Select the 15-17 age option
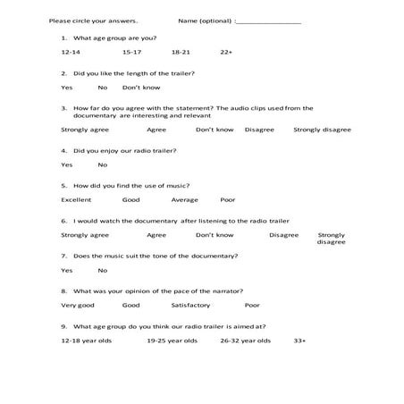tap(132, 53)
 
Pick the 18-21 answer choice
tap(181, 53)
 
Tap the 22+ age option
tap(226, 53)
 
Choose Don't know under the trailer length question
tap(140, 88)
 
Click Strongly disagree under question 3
tap(322, 130)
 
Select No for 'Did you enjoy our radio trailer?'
tap(102, 164)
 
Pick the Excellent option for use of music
tap(76, 199)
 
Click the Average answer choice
tap(185, 199)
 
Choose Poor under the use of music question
tap(228, 199)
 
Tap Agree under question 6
tap(156, 234)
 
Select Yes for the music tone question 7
tap(67, 270)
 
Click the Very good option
tap(78, 305)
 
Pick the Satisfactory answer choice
tap(191, 305)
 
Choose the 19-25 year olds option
tap(173, 341)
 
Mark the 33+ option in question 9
tap(299, 341)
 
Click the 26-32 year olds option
tap(247, 341)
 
